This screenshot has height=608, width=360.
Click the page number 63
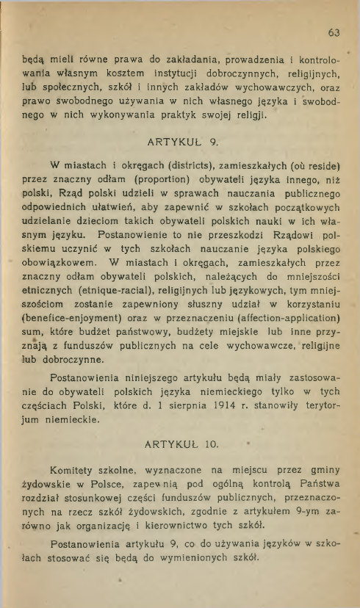(334, 32)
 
